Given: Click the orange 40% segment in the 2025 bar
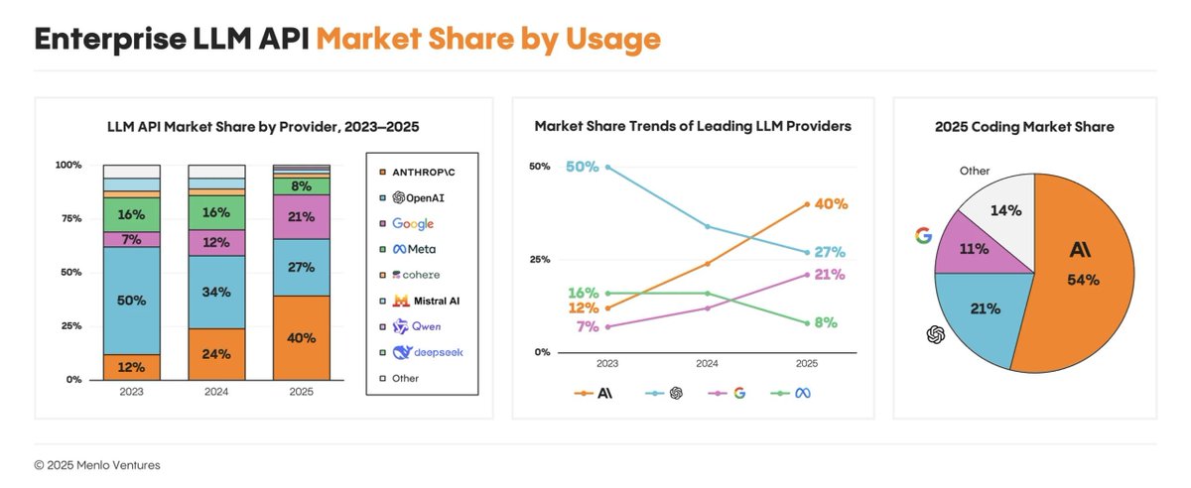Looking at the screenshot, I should [302, 338].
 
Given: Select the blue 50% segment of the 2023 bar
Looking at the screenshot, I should [132, 301].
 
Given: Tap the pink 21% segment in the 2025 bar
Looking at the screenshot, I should [302, 217].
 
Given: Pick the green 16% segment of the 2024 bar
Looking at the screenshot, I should [216, 212].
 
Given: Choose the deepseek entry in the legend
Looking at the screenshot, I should [428, 352].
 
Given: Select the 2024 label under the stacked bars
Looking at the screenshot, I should [216, 391].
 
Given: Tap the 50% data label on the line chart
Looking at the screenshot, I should [582, 167].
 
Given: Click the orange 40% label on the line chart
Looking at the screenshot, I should [830, 204].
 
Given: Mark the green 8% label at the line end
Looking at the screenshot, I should [826, 322].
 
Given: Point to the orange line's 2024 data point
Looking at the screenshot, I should [707, 263].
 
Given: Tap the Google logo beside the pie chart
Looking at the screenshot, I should [923, 235].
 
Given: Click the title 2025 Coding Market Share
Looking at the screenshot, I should [1024, 127].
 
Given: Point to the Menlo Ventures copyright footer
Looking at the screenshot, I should [97, 464].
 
